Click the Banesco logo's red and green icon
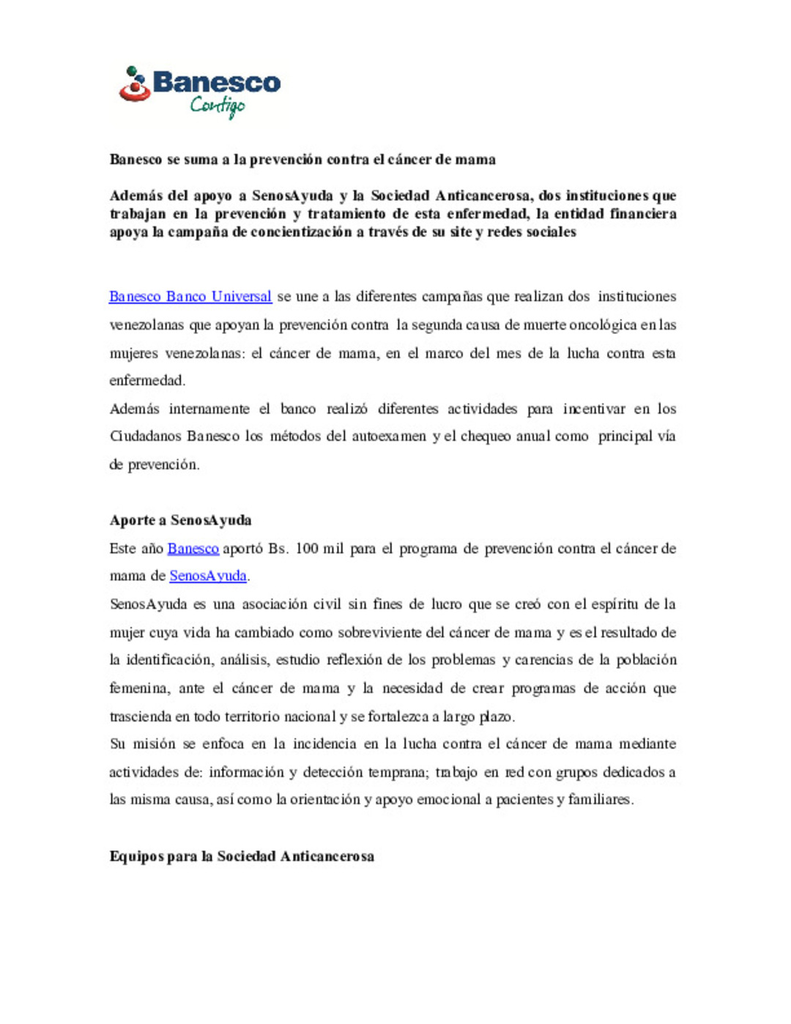[x=135, y=85]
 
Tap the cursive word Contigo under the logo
[x=218, y=106]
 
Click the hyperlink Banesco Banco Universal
[x=190, y=297]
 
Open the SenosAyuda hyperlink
[x=208, y=576]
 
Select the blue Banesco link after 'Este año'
[x=193, y=549]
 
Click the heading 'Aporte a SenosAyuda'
[x=180, y=520]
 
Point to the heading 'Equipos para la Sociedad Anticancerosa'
[x=242, y=856]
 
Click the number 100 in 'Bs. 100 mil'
[x=307, y=549]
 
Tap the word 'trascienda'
[x=141, y=716]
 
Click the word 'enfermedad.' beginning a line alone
[x=147, y=380]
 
